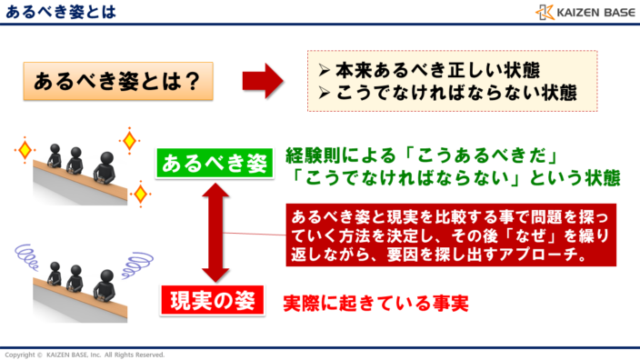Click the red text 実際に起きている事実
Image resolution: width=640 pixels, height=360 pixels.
(x=375, y=301)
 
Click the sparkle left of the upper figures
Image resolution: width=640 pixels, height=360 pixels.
(x=25, y=148)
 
